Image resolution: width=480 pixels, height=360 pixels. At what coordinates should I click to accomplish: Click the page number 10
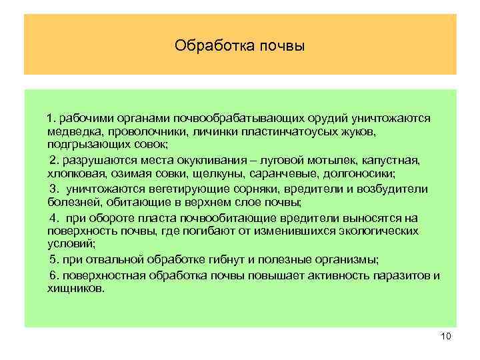click(446, 336)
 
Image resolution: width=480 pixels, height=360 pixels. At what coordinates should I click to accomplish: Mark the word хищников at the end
click(76, 289)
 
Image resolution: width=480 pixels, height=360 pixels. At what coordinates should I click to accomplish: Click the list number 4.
click(53, 218)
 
